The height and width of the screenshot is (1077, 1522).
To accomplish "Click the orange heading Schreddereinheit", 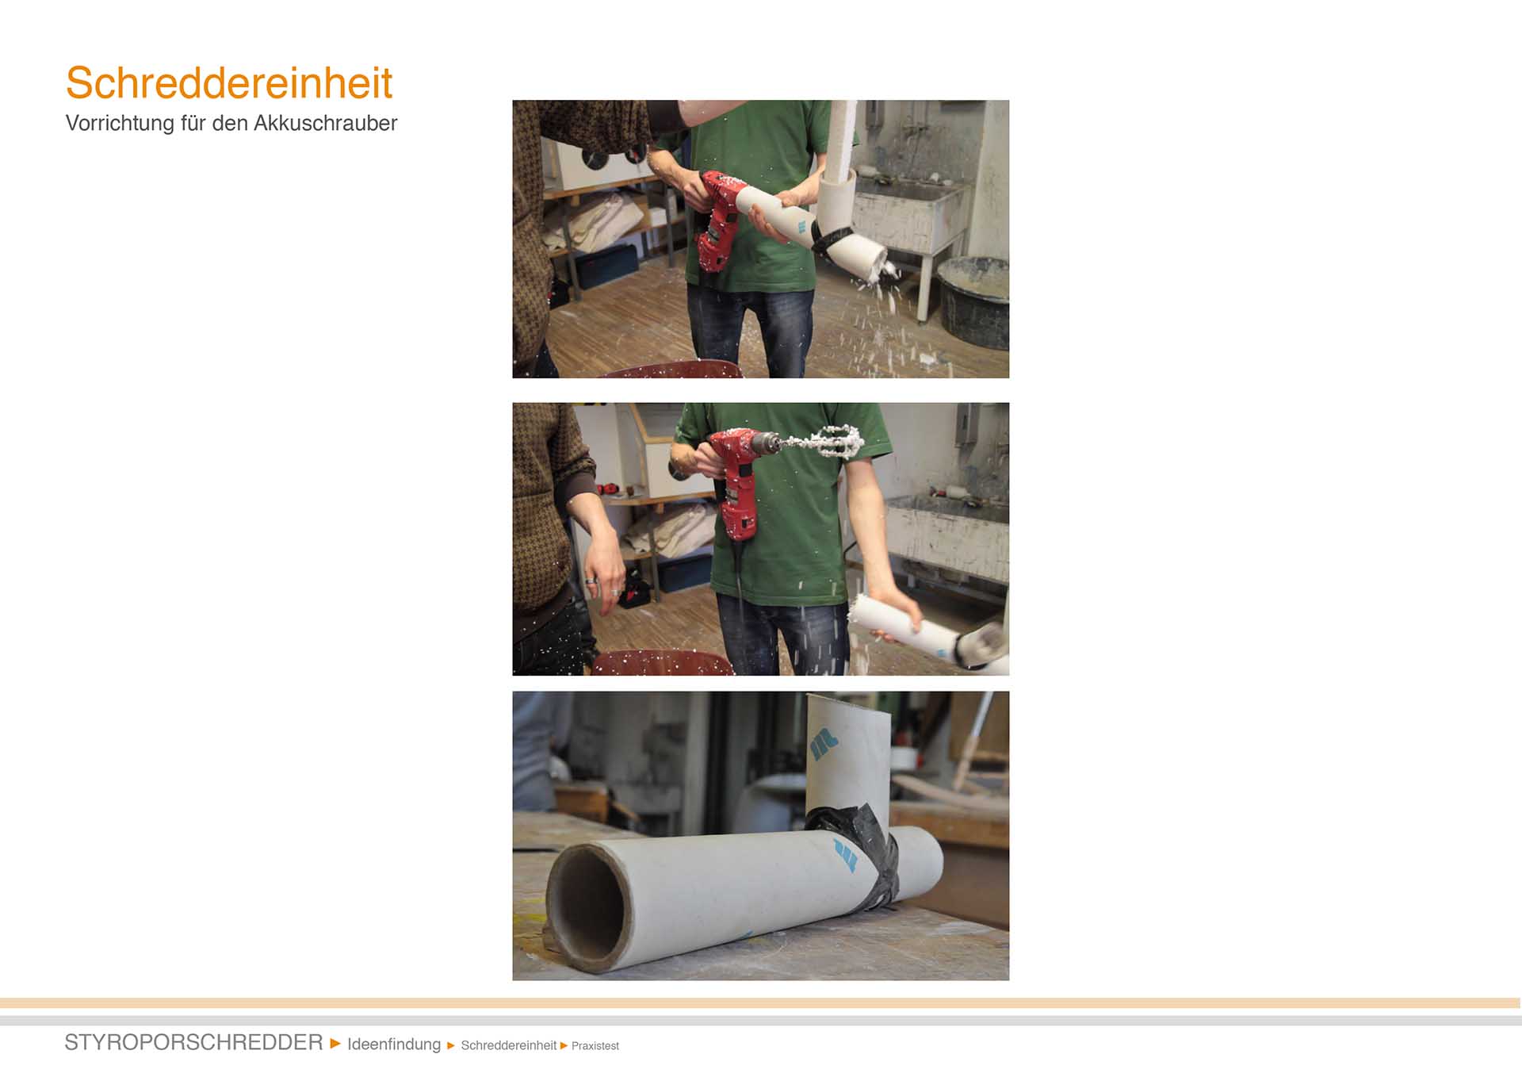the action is [x=229, y=83].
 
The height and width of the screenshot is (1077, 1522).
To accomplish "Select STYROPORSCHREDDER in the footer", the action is [x=193, y=1042].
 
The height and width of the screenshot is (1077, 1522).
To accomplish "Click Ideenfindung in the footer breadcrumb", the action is [x=394, y=1044].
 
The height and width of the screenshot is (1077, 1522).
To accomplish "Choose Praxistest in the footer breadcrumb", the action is [x=595, y=1046].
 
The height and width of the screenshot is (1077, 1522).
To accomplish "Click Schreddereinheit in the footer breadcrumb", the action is [x=508, y=1045].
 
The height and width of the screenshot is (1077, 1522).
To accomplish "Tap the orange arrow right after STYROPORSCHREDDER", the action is [x=335, y=1043].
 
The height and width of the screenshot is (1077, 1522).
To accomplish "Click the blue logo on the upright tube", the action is [x=824, y=744].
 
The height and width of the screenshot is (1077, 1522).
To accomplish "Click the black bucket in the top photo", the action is [x=973, y=302].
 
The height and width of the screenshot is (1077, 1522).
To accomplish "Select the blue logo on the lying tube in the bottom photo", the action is [x=846, y=856].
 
